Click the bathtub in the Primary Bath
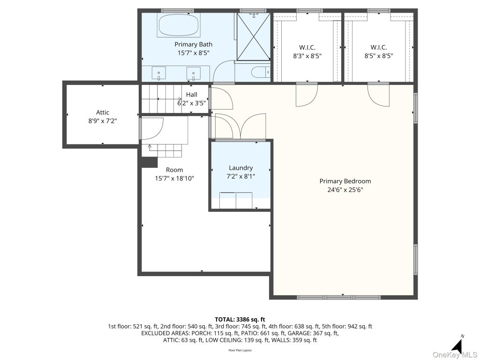pos(179,25)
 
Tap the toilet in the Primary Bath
pos(261,73)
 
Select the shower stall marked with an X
pos(254,37)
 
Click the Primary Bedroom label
pos(345,181)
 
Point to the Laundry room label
pos(240,168)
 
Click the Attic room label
pos(103,112)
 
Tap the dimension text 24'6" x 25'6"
pos(345,190)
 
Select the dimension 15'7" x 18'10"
pos(174,178)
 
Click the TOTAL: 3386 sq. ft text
pos(240,320)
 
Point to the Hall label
pos(192,95)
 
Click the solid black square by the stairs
pos(149,162)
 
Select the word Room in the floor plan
pos(174,170)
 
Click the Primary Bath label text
pos(194,45)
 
